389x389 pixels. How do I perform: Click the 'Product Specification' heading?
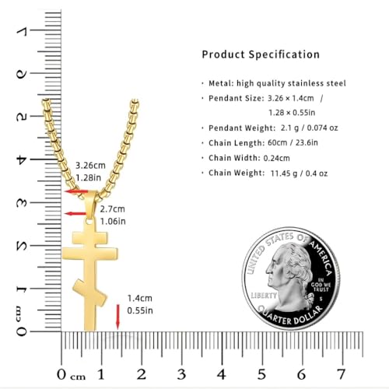261,54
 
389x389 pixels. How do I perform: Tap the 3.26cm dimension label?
90,166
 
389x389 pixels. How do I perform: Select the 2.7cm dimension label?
113,209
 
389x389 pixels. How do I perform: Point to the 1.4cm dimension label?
139,298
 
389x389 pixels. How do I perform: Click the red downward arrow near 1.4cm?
117,317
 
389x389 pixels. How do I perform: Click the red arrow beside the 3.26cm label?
76,191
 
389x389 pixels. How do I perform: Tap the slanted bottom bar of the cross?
89,293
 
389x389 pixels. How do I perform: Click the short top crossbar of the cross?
89,238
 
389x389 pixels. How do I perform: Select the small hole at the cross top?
89,222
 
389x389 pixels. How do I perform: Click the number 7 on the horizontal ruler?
342,374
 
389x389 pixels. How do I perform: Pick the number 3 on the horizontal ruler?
181,374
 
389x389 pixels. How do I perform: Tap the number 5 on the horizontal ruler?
261,374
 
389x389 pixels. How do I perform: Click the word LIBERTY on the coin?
264,296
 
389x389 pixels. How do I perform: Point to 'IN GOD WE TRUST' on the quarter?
321,285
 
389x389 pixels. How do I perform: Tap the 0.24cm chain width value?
276,158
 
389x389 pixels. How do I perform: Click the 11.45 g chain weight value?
284,173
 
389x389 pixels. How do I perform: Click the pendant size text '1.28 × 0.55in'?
292,113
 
